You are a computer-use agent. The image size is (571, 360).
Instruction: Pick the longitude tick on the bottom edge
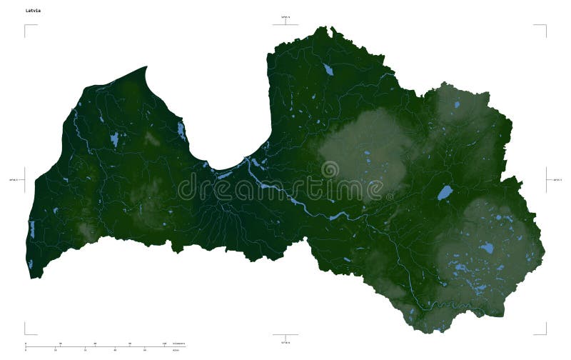click(x=285, y=336)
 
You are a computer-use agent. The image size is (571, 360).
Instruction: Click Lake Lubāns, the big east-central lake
click(x=444, y=192)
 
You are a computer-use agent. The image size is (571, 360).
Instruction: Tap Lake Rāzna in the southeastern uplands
click(x=487, y=249)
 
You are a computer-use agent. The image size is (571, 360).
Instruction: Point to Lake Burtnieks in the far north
click(x=328, y=70)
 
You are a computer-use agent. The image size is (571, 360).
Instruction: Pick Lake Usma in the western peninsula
click(x=114, y=139)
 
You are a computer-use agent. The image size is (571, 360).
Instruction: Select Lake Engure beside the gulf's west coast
click(x=181, y=131)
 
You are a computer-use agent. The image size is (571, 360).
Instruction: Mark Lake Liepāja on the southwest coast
click(x=31, y=229)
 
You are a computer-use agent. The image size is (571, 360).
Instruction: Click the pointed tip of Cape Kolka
click(x=146, y=67)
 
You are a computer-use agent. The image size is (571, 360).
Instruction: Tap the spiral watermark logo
click(x=330, y=170)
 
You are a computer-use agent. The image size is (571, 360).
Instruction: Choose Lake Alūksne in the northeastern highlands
click(x=457, y=104)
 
